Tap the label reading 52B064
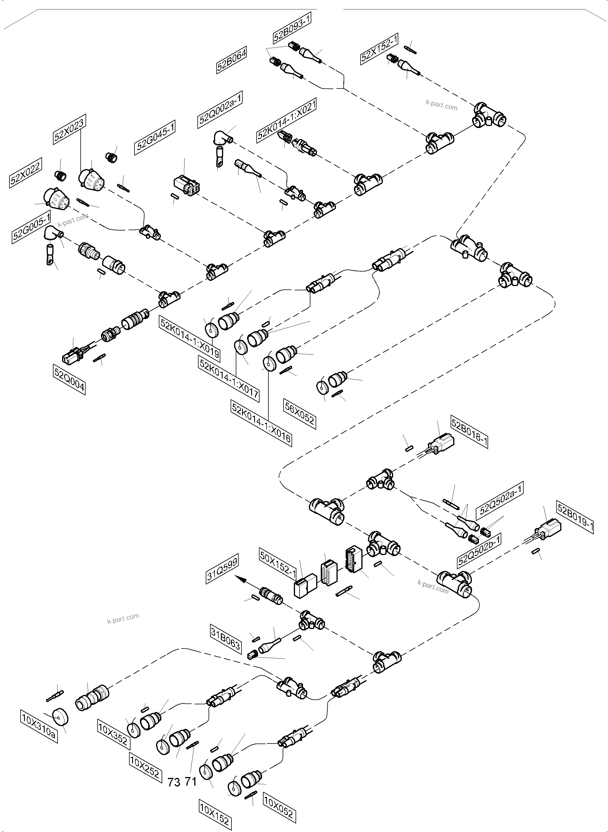[x=231, y=60]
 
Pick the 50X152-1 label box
[x=278, y=564]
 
